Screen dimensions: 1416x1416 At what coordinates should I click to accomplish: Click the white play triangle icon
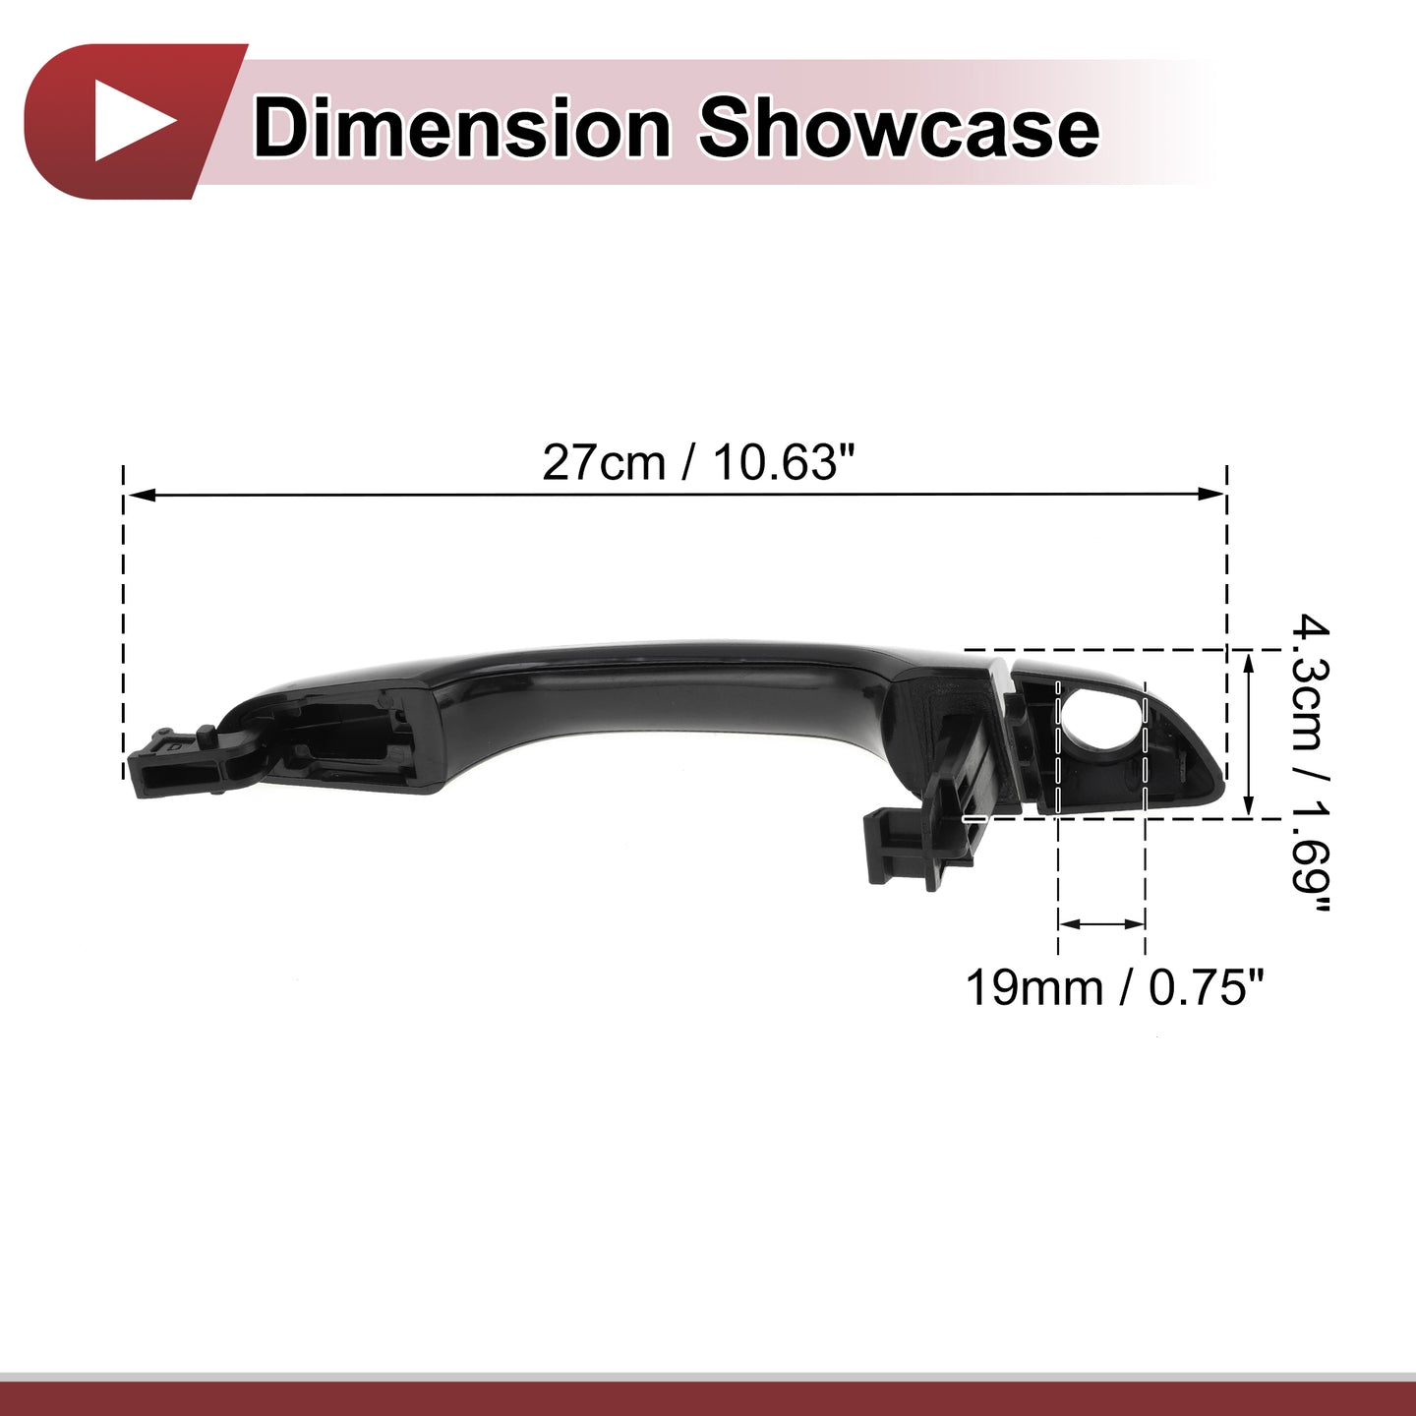pos(133,122)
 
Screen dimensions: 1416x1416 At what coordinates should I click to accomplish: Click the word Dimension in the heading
pos(462,129)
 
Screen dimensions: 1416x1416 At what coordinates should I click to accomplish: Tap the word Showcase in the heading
pos(899,129)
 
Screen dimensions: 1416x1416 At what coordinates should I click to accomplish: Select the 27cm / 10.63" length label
pos(699,464)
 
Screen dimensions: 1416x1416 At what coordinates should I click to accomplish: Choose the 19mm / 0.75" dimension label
pos(1115,988)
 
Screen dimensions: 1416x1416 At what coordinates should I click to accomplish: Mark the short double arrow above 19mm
pos(1102,923)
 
